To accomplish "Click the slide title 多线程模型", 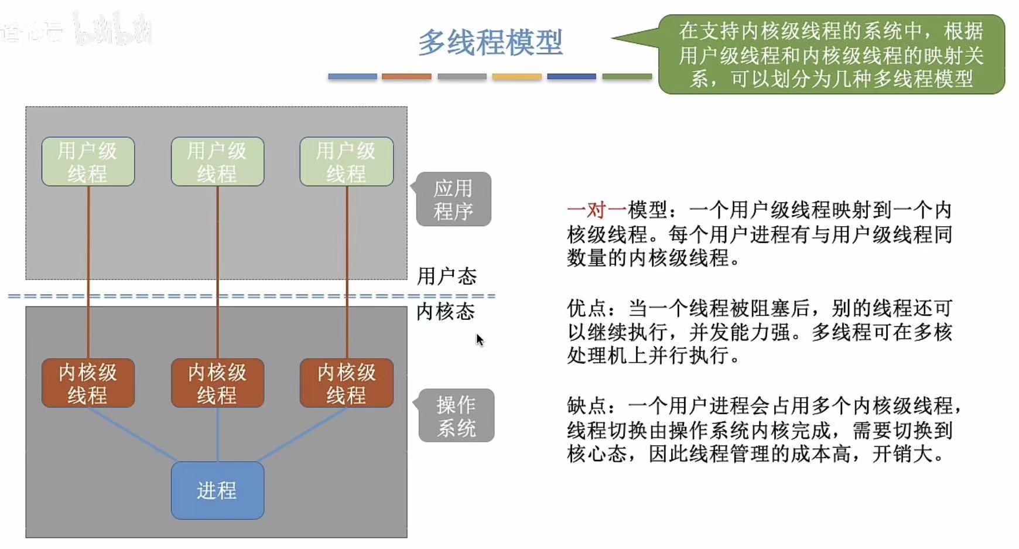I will pyautogui.click(x=490, y=43).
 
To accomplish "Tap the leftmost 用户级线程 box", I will pyautogui.click(x=88, y=162).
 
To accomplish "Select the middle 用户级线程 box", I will pyautogui.click(x=217, y=162).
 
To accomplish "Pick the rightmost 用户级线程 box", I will pyautogui.click(x=346, y=162).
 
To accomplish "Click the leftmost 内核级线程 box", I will pyautogui.click(x=88, y=383).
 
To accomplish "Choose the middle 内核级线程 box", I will pyautogui.click(x=217, y=383).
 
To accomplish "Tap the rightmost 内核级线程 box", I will pyautogui.click(x=346, y=383).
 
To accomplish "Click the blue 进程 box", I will pyautogui.click(x=217, y=490).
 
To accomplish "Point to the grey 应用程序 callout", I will pyautogui.click(x=453, y=199).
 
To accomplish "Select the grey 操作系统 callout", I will pyautogui.click(x=456, y=415).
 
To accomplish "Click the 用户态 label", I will pyautogui.click(x=447, y=276).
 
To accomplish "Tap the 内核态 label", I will pyautogui.click(x=446, y=312).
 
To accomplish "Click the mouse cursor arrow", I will pyautogui.click(x=479, y=339).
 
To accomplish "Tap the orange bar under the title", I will pyautogui.click(x=406, y=77).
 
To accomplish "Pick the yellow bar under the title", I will pyautogui.click(x=517, y=77).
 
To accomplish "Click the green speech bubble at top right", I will pyautogui.click(x=831, y=54).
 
